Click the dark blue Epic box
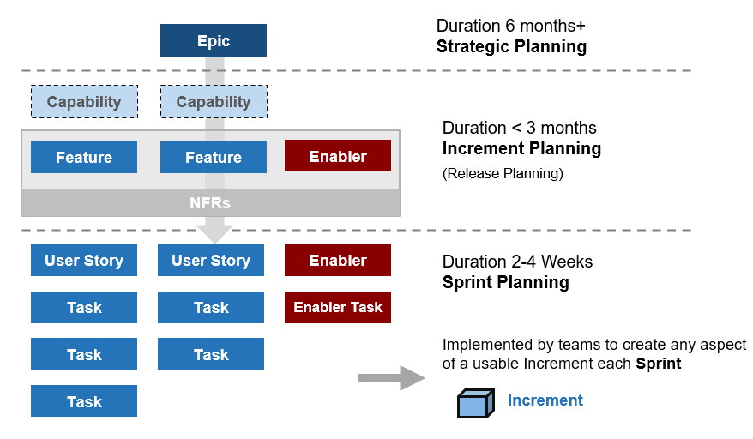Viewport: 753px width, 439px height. click(213, 40)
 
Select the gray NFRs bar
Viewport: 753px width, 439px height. click(210, 203)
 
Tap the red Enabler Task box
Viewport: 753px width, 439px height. click(337, 307)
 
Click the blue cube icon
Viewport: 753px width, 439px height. click(476, 402)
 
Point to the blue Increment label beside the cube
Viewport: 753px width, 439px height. click(545, 400)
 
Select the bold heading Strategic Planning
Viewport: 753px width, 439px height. click(511, 46)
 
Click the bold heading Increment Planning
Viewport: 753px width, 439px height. click(521, 148)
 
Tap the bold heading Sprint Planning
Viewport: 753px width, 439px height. click(505, 282)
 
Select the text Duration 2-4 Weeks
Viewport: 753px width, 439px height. click(517, 262)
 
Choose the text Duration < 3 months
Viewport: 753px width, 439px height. click(519, 128)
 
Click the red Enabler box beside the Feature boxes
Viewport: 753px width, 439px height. click(337, 156)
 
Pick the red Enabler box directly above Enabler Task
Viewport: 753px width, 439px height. click(337, 260)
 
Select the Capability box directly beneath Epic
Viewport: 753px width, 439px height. click(213, 102)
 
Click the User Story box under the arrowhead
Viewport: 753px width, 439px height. click(210, 260)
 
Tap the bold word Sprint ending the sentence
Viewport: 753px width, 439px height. click(658, 363)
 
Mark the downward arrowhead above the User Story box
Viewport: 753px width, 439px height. click(214, 232)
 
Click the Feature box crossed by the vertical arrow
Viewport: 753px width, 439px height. click(213, 157)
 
